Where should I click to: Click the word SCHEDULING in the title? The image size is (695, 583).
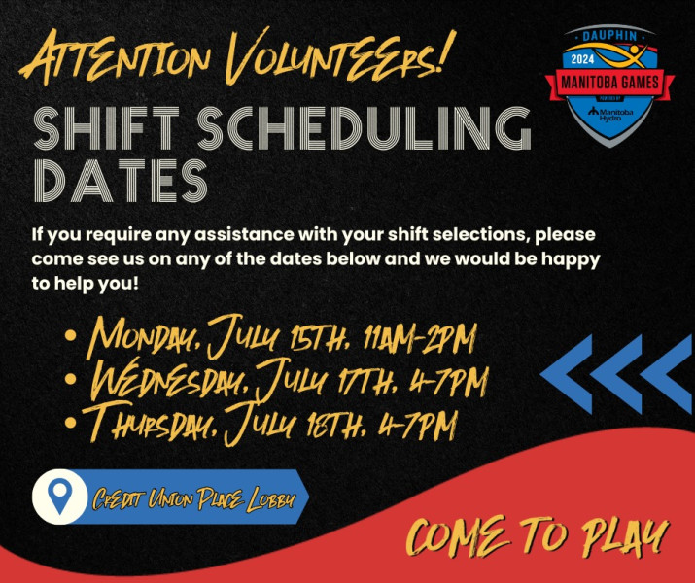(364, 128)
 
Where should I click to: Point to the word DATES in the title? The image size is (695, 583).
(121, 181)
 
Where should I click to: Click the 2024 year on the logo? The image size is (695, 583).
(582, 60)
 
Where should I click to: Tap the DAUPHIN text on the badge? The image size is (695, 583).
(609, 36)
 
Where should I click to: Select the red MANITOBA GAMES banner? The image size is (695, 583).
(609, 83)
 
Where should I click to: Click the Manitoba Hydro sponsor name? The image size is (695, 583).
(610, 114)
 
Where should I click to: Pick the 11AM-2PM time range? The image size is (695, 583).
(418, 339)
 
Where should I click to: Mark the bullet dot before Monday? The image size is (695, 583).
(71, 335)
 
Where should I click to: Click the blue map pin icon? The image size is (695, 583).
(60, 496)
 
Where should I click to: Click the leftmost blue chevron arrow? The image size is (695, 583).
(567, 374)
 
